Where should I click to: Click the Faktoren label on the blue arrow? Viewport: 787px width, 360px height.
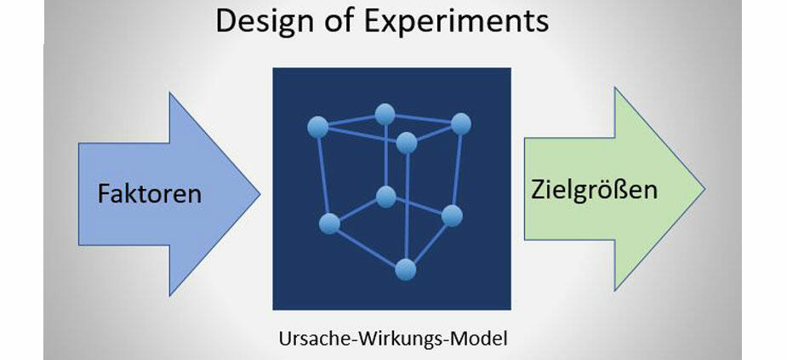150,193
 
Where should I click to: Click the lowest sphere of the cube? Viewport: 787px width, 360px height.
406,270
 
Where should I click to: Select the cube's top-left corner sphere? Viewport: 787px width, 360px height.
317,128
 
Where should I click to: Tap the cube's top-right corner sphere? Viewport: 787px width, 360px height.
461,124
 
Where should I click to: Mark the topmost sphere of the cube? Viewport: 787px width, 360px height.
385,113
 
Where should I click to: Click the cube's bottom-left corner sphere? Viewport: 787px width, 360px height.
329,224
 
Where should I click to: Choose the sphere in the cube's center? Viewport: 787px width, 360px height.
386,197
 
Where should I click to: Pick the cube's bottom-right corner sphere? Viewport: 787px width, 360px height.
452,214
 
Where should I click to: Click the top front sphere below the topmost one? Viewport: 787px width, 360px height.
407,142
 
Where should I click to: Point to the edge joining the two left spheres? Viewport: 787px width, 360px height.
323,175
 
